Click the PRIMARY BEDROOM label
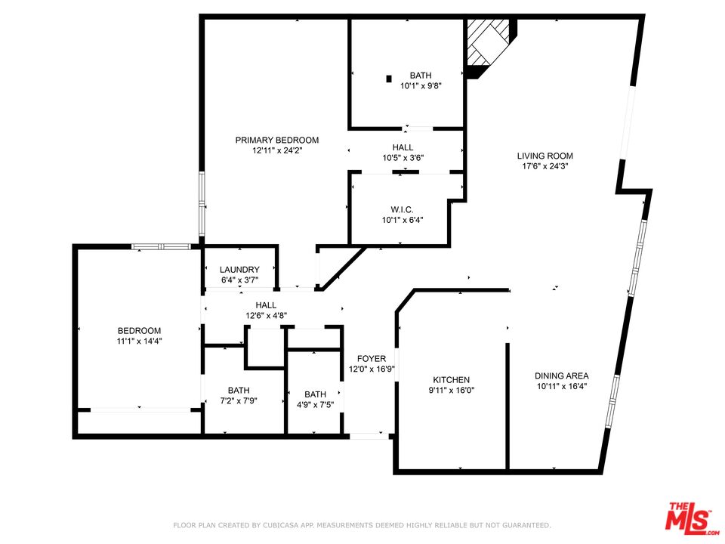pos(276,140)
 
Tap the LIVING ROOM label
pos(540,155)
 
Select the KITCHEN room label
pos(452,379)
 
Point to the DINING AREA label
pos(561,376)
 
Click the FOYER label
pos(372,358)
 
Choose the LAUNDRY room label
pos(239,270)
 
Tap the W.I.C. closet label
pos(402,209)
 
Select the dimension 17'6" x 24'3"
pos(540,165)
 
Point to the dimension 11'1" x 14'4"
pos(139,341)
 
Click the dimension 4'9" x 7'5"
pos(315,404)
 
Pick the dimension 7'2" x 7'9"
pos(238,401)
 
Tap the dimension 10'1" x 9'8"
pos(421,85)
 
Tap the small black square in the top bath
pos(389,77)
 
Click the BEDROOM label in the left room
pos(139,330)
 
